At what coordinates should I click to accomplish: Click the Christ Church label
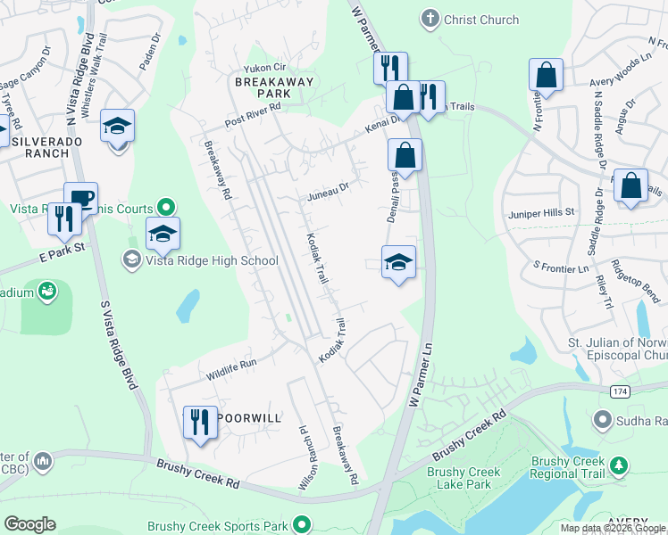click(481, 19)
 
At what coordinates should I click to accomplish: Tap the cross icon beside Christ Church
click(430, 19)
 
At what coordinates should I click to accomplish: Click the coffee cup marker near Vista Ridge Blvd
click(80, 198)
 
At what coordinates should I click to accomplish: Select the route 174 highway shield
click(620, 392)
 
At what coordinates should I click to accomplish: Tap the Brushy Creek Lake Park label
click(459, 478)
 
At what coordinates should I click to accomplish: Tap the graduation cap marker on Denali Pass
click(399, 261)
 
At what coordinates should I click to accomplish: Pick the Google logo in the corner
click(29, 524)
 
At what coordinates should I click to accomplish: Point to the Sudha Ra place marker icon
click(604, 419)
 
